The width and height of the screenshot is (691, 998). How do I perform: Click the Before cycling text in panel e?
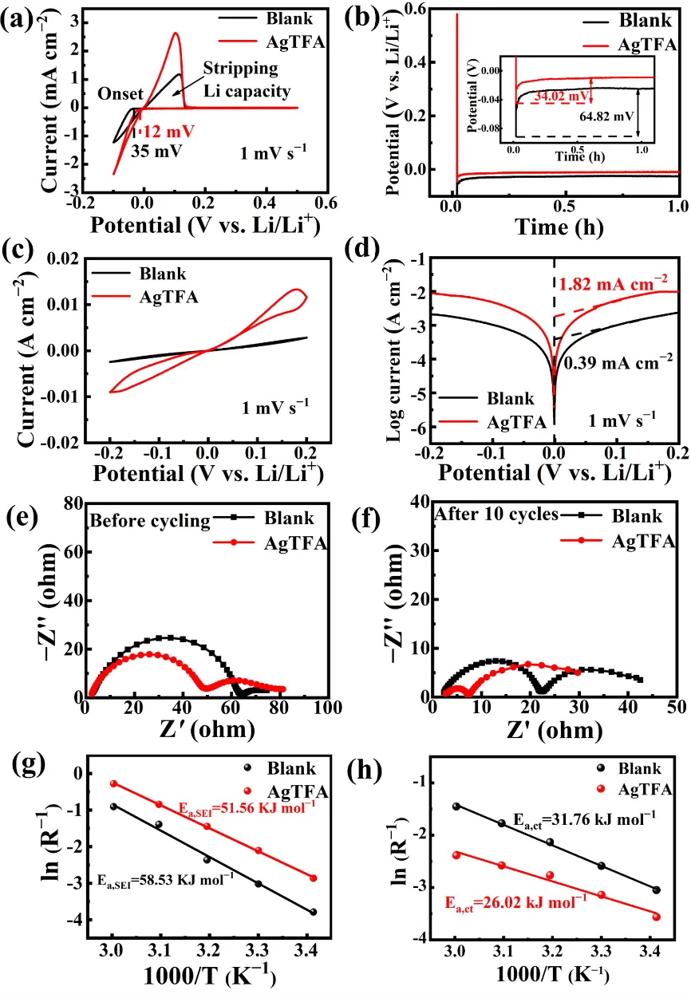point(150,522)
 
